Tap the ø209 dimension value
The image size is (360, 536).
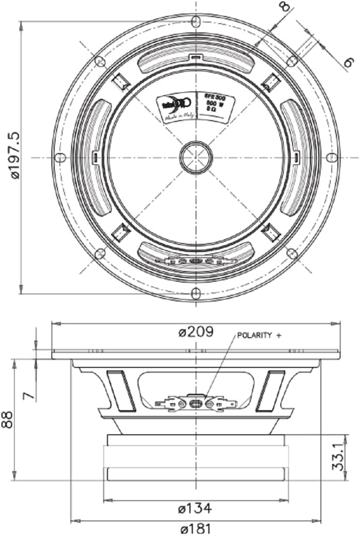click(x=196, y=332)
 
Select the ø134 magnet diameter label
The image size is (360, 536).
click(x=195, y=508)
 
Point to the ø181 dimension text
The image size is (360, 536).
click(x=195, y=528)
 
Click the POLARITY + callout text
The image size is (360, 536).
click(x=259, y=336)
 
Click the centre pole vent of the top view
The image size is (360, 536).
click(x=196, y=157)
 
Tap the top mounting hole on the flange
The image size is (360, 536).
click(x=196, y=21)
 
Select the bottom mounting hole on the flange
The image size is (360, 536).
click(x=196, y=293)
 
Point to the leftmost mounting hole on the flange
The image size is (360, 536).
click(x=59, y=157)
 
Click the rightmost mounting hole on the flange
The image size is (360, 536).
click(x=331, y=157)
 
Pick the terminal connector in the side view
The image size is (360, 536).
click(x=196, y=404)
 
